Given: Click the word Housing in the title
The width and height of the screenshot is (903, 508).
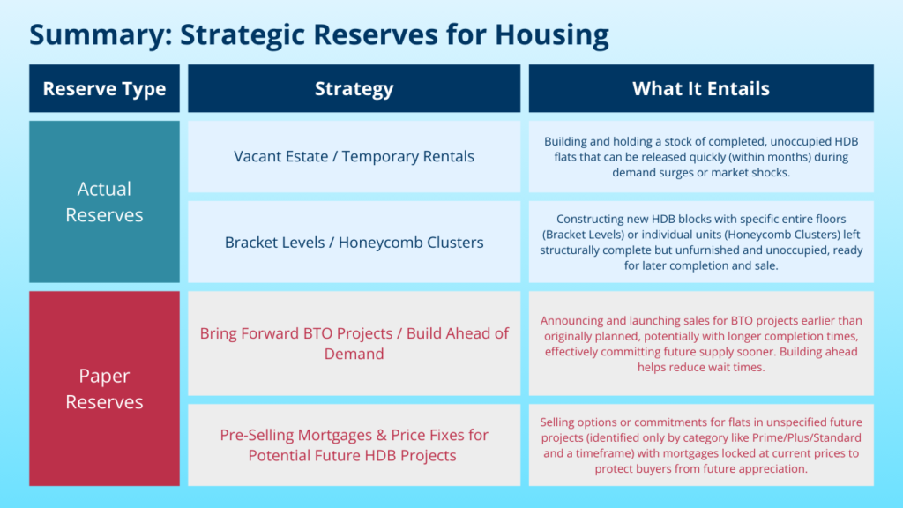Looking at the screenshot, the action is [552, 35].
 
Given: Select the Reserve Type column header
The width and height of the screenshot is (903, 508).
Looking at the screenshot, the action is [104, 88].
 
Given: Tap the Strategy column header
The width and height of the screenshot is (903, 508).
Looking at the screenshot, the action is [354, 88].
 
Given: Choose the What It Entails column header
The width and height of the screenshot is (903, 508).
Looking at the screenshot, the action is [701, 88].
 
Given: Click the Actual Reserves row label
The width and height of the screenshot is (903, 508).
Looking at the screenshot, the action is [104, 202].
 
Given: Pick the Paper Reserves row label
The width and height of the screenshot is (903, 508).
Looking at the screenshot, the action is [104, 388].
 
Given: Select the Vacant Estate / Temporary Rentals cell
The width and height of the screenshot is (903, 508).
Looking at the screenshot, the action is [354, 157].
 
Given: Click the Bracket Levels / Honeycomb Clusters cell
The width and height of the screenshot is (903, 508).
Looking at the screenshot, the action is [354, 242].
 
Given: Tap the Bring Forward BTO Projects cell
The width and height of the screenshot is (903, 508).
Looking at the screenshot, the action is [354, 343].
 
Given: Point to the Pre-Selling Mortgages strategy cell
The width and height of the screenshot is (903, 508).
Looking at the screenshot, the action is [354, 444].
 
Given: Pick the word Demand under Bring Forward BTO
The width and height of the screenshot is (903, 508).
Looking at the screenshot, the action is [354, 354].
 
